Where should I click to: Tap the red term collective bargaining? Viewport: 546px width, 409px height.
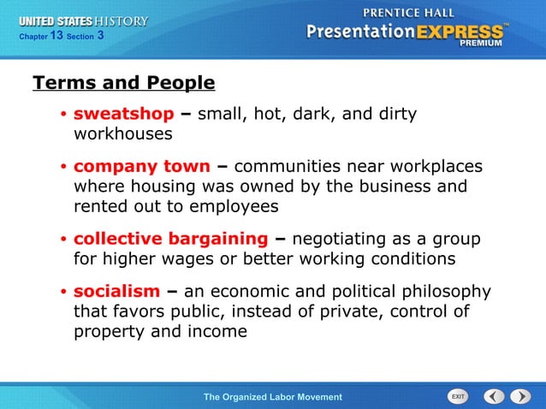point(170,239)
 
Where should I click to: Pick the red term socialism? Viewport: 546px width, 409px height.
point(116,291)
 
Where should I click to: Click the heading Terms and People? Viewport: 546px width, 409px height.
point(123,83)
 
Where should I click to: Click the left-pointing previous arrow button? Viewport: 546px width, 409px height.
point(494,396)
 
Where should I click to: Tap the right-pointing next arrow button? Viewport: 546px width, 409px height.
point(520,396)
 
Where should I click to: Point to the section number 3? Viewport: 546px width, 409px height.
point(101,36)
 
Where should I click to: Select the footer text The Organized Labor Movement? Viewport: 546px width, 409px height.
point(272,397)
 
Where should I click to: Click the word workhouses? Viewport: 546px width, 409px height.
point(123,134)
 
